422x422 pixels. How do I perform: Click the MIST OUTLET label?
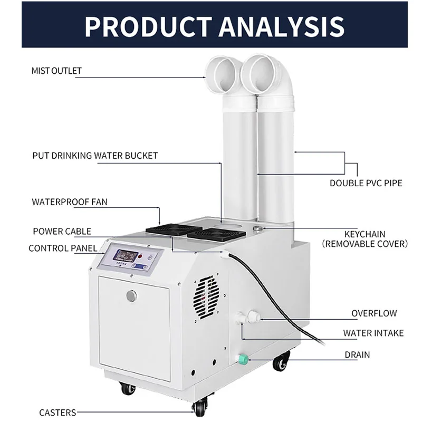[x=56, y=71]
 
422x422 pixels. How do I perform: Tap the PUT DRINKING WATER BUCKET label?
[x=95, y=156]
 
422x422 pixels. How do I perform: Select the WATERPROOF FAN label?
[x=70, y=202]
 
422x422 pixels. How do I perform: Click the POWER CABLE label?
[x=62, y=231]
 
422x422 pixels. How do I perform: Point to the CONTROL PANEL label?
[x=63, y=248]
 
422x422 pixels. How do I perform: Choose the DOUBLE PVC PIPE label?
[x=366, y=183]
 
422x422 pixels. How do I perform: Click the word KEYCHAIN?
[x=365, y=234]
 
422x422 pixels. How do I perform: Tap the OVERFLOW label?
[x=374, y=313]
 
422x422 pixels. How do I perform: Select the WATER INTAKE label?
[x=373, y=333]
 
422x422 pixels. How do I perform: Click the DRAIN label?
[x=357, y=355]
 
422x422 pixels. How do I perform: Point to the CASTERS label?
[x=57, y=413]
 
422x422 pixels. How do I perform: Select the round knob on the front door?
[x=131, y=296]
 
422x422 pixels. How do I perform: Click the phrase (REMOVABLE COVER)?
[x=366, y=244]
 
